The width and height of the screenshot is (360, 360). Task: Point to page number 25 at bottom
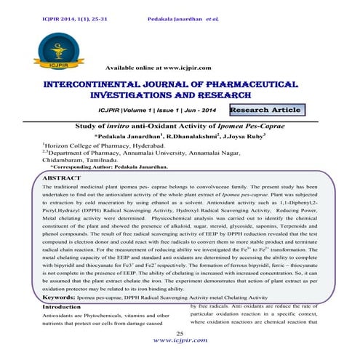180,332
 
